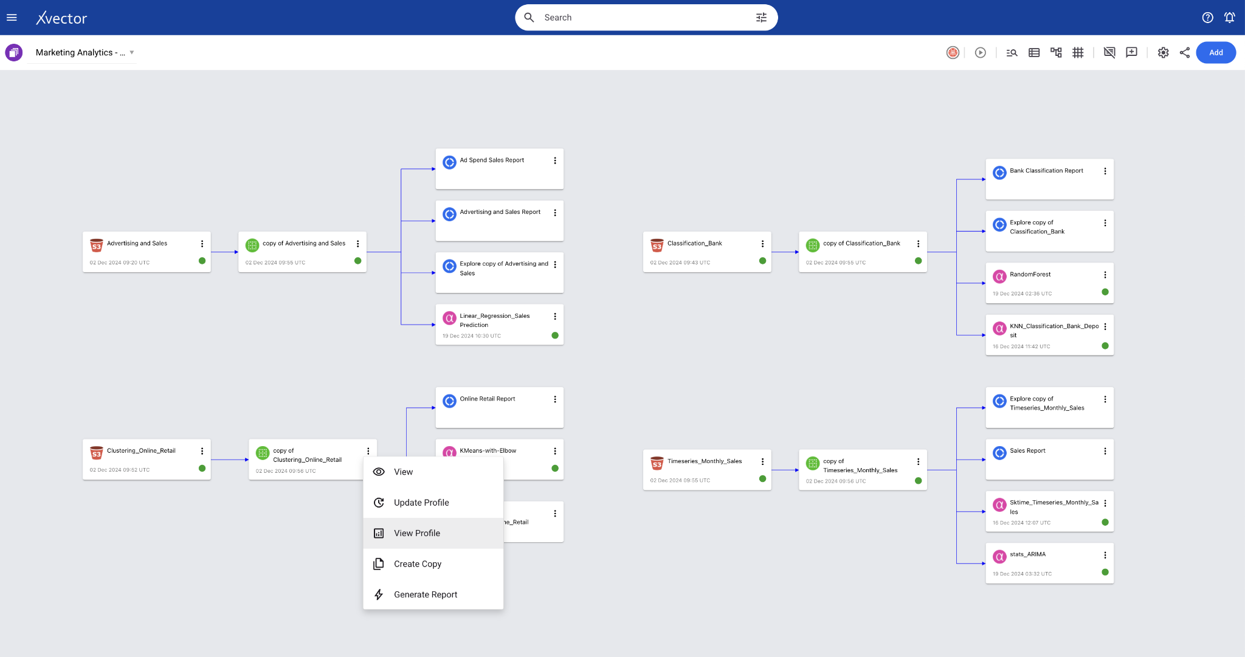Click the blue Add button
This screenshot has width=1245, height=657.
[x=1216, y=52]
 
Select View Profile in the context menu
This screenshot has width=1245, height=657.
[x=417, y=533]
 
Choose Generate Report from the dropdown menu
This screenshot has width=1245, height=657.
[x=426, y=594]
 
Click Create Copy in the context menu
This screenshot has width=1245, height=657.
[x=418, y=564]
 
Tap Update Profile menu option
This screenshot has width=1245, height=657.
[x=421, y=503]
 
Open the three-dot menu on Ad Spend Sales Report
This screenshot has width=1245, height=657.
[x=555, y=160]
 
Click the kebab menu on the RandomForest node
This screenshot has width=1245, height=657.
[x=1105, y=275]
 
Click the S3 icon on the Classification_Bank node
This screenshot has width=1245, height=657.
[x=657, y=245]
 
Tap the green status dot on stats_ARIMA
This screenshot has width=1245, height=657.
[x=1105, y=572]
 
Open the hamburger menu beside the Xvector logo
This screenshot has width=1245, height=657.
[x=12, y=18]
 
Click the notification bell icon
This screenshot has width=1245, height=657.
[x=1229, y=18]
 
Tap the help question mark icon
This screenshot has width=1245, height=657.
[x=1207, y=18]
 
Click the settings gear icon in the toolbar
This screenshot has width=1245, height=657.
[x=1163, y=53]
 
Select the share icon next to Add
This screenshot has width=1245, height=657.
[x=1185, y=53]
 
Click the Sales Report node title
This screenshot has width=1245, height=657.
[x=1027, y=451]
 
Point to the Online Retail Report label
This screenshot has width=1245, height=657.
[x=487, y=399]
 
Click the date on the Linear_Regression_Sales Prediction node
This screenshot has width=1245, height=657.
[x=472, y=336]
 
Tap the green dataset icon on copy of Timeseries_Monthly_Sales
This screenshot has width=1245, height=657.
[x=813, y=464]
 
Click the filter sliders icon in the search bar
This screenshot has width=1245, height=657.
[x=761, y=18]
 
